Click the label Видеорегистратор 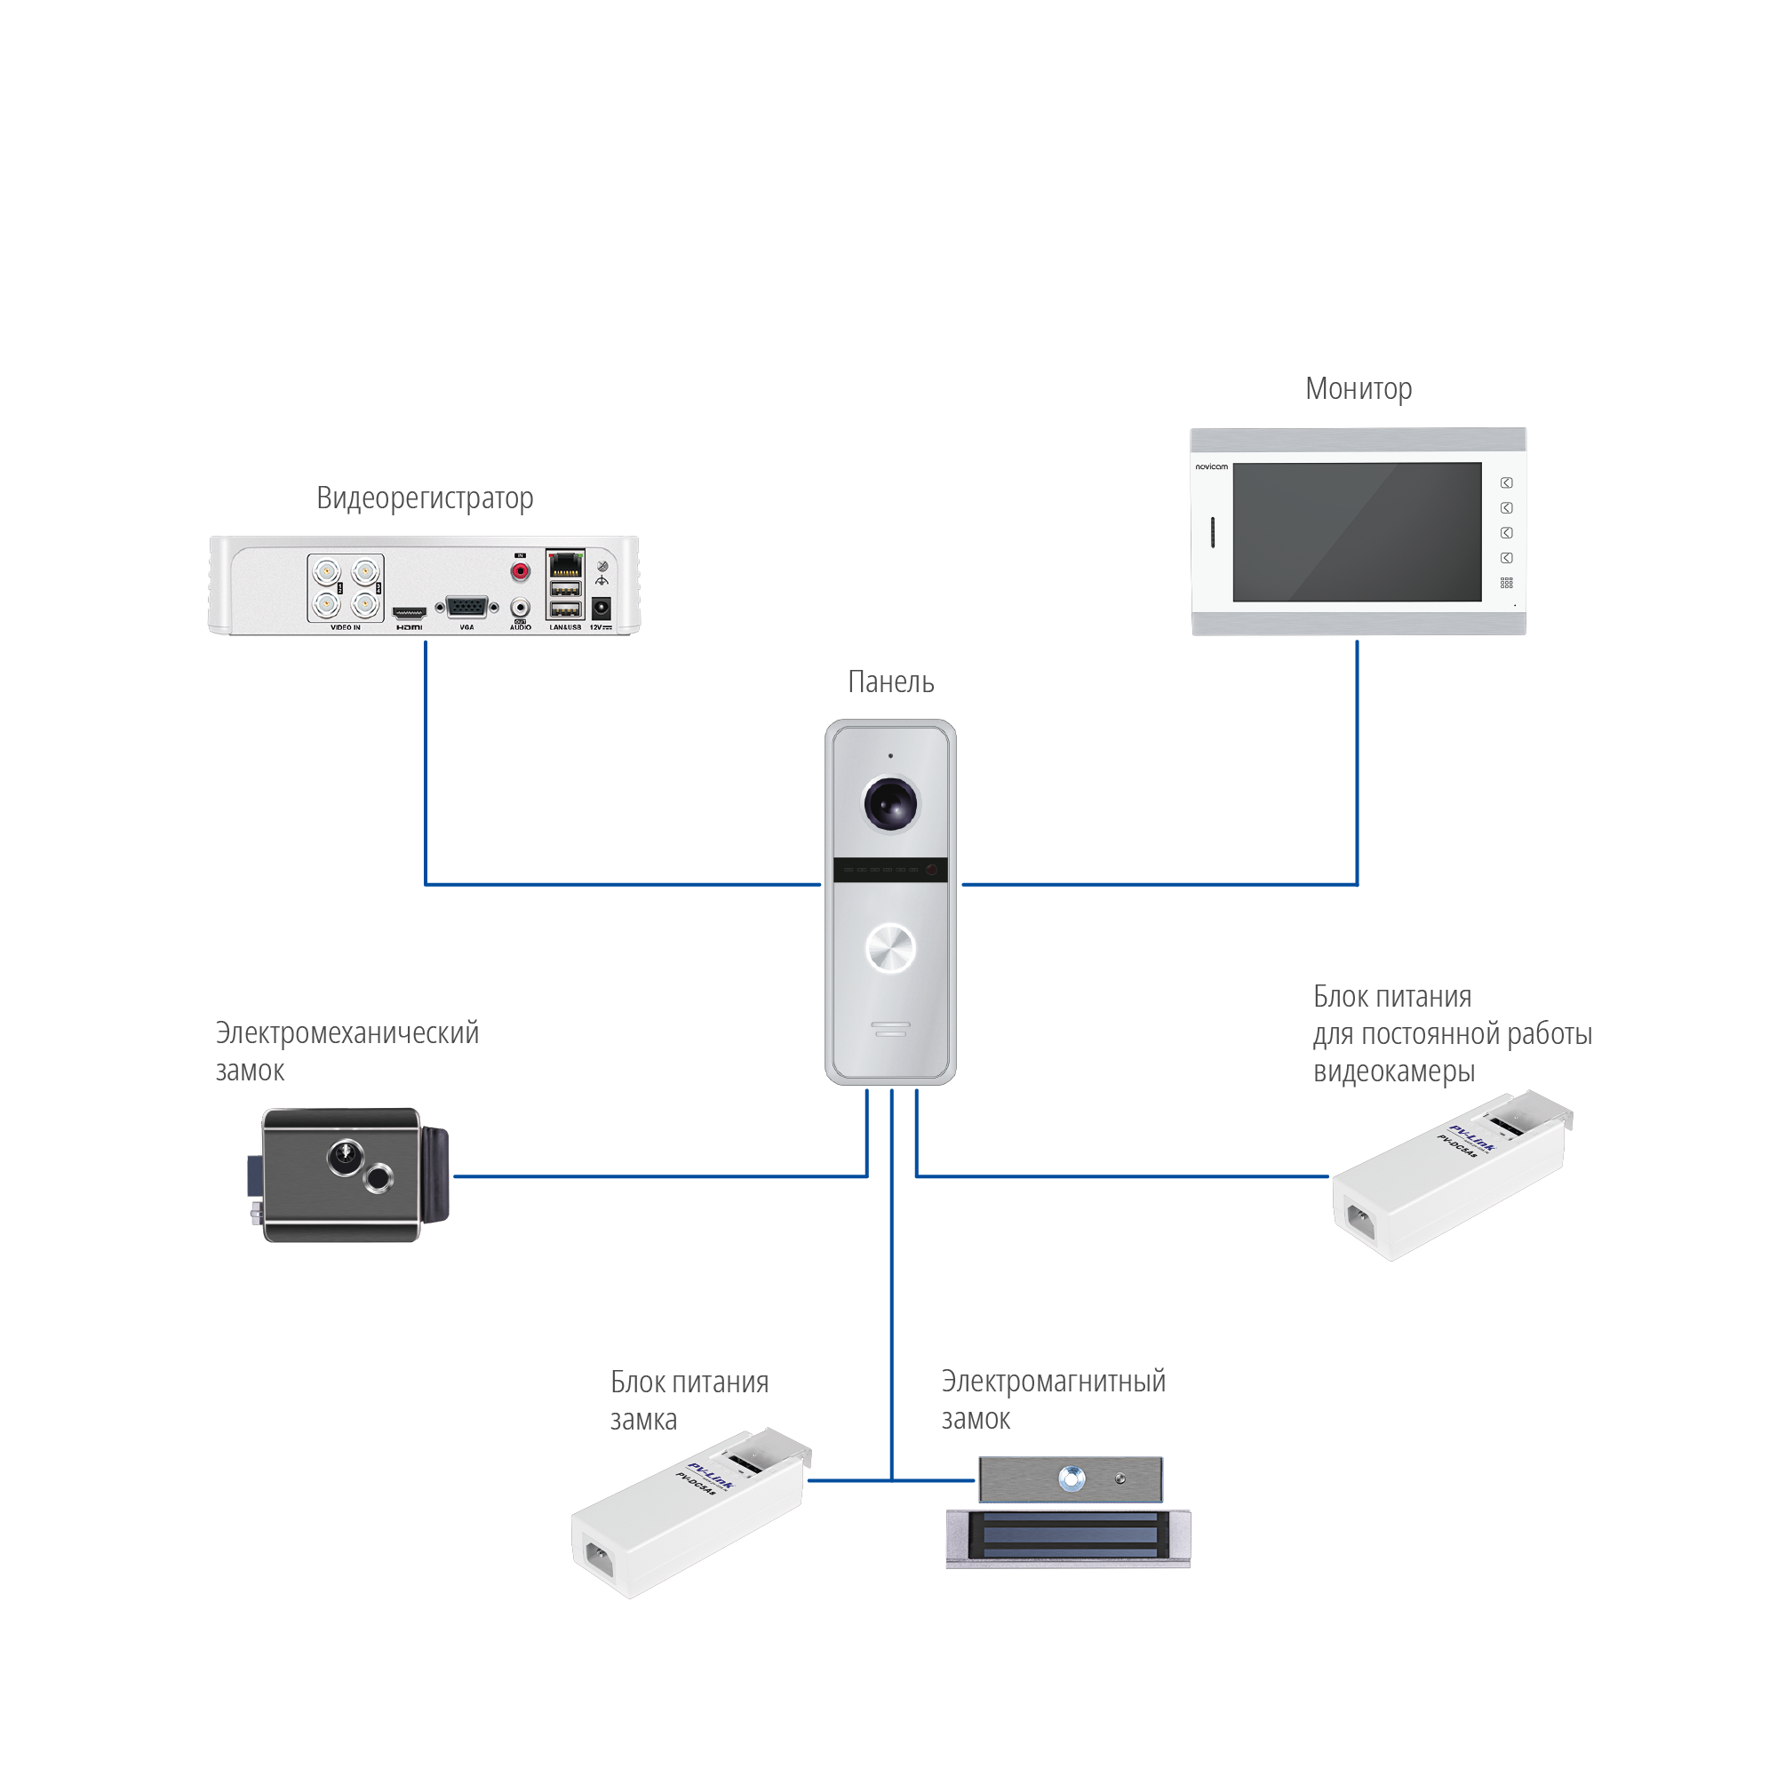tap(424, 498)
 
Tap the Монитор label tap(1358, 388)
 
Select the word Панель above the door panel tap(890, 681)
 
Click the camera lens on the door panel tap(890, 803)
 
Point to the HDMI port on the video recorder tap(410, 611)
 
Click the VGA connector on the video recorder tap(466, 607)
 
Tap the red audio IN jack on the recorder tap(521, 572)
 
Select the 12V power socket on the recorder tap(602, 608)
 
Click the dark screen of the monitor tap(1357, 531)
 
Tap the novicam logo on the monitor tap(1211, 466)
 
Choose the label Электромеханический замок tap(347, 1051)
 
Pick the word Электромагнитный tap(1053, 1381)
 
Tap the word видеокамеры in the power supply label tap(1393, 1072)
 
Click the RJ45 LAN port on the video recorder tap(565, 564)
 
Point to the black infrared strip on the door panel tap(890, 869)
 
